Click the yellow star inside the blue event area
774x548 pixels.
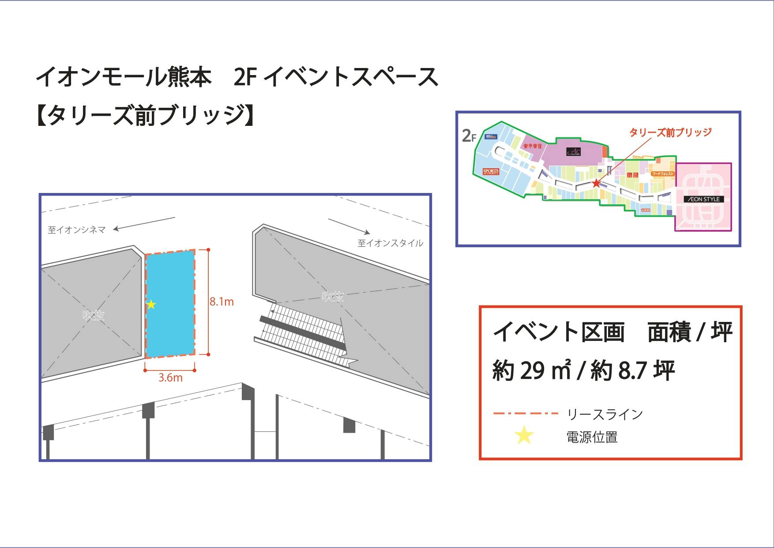[x=151, y=304]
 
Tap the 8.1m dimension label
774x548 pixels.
[x=222, y=302]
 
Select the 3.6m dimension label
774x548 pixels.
[x=170, y=378]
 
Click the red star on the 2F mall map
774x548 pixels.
[x=596, y=183]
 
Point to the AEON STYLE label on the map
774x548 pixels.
[x=704, y=199]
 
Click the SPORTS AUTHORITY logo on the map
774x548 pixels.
[x=490, y=172]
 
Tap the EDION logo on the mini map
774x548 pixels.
[x=491, y=137]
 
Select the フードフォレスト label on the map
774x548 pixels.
[x=663, y=174]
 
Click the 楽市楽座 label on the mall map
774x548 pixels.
[x=532, y=146]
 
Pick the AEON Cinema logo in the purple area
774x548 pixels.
[x=573, y=151]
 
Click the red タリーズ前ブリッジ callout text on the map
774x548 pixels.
[x=670, y=132]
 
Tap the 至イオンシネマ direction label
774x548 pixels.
[x=77, y=230]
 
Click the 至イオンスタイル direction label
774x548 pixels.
[x=390, y=243]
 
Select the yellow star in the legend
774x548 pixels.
[x=524, y=436]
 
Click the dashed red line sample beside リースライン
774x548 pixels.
[x=526, y=414]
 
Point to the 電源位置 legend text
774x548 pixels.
[x=591, y=437]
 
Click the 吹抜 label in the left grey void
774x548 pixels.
[x=94, y=315]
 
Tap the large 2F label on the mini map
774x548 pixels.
[x=469, y=136]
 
